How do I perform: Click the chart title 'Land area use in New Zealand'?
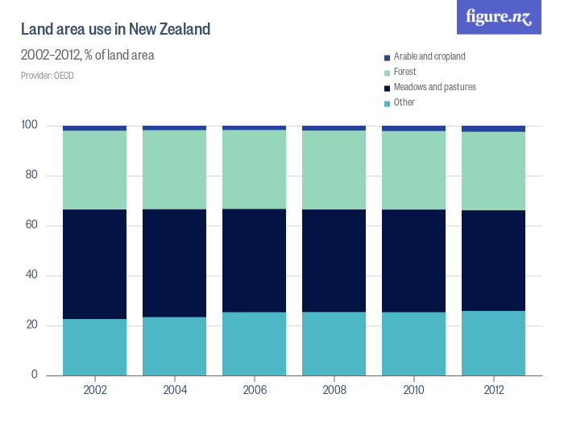115,30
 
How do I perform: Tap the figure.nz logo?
500,17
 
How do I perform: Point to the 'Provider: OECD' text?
48,76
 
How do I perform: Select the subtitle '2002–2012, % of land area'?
87,56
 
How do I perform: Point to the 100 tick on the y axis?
30,126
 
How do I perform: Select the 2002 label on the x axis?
95,390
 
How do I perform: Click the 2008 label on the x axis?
334,390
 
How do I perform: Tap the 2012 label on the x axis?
494,390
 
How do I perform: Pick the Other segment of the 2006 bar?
255,343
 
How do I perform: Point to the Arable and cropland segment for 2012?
494,129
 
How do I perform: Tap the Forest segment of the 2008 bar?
334,170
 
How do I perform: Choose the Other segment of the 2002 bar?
95,347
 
